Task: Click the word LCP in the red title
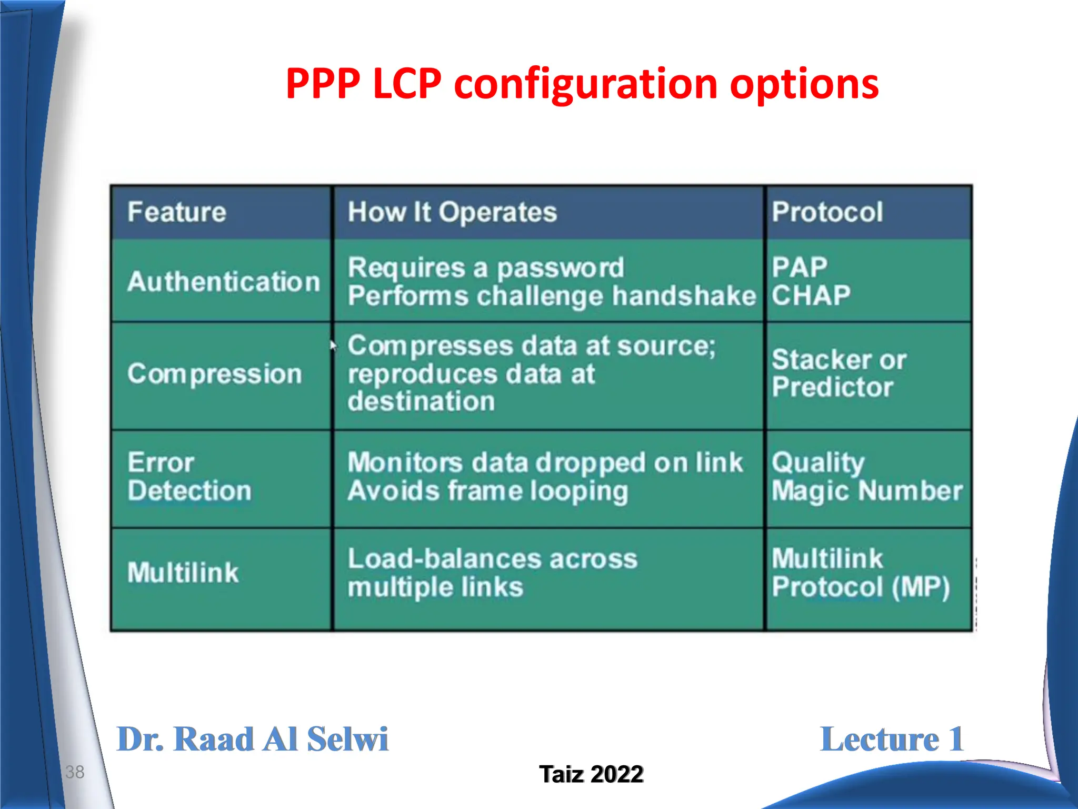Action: (407, 84)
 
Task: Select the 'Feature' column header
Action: (177, 212)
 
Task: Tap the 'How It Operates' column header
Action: (452, 212)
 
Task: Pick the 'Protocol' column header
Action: (827, 212)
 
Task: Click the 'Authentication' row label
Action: (224, 282)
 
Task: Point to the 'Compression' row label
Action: (215, 374)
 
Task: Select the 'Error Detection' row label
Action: (189, 477)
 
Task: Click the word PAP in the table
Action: (800, 267)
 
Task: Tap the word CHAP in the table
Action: (811, 295)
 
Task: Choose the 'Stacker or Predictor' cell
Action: (839, 373)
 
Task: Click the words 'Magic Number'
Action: (867, 491)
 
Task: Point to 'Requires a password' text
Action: (486, 268)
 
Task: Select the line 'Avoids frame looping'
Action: (488, 491)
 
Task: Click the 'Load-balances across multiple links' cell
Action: (492, 573)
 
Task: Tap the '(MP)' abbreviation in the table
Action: (921, 587)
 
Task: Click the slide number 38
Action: (75, 772)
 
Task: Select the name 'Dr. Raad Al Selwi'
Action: (252, 739)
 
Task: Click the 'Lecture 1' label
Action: (892, 739)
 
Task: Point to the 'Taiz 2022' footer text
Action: (591, 774)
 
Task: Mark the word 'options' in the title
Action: (804, 84)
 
